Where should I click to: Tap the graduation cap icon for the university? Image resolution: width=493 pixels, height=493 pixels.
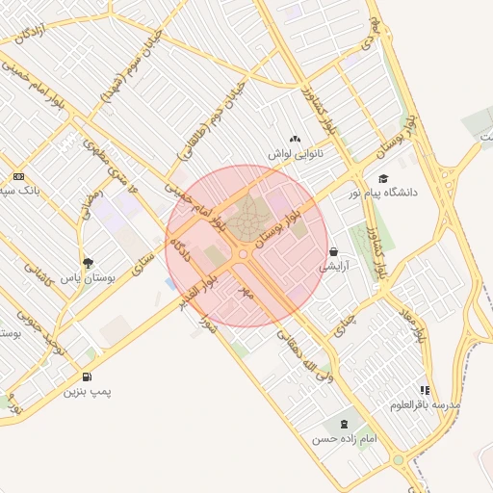coord(383,178)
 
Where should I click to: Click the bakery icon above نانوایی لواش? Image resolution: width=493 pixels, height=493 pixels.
coord(295,140)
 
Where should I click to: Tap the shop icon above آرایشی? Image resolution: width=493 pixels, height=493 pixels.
coord(333,250)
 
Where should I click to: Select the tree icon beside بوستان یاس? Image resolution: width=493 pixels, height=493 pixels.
coord(88,262)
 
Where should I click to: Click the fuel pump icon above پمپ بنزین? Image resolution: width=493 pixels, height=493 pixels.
coord(88,377)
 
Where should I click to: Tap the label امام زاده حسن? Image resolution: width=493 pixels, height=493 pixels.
coord(343,439)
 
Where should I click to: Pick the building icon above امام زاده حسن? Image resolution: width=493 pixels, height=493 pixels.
coord(343,424)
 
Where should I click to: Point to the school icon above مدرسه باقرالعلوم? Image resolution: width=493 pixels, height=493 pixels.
coord(425,390)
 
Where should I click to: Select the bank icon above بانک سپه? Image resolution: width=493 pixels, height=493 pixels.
coord(18,176)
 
